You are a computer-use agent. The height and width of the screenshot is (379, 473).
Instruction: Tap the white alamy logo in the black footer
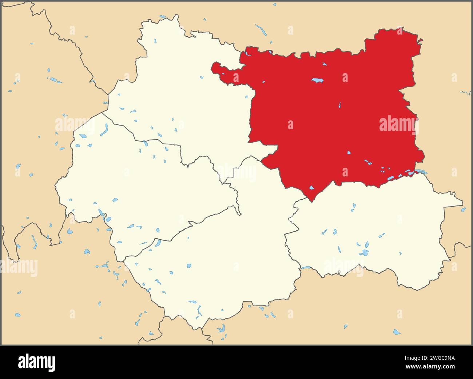coord(36,362)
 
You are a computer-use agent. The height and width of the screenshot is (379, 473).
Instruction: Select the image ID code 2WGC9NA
coord(434,358)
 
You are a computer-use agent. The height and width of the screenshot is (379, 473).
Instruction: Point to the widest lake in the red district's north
coord(318,80)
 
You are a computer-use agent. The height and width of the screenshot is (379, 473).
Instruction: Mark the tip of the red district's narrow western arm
coord(214,67)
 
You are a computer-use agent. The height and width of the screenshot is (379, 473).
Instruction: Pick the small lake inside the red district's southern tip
coord(311,188)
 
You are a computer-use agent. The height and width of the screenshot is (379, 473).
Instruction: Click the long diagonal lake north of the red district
coord(261,29)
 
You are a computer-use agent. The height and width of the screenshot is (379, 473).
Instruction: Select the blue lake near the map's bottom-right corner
coord(396,332)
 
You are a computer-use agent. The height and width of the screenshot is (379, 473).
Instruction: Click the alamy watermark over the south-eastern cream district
coord(343,267)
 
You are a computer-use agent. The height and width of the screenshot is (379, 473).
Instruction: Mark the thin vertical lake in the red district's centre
coord(339,105)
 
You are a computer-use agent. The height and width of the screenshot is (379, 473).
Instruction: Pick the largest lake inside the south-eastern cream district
coord(364,252)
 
